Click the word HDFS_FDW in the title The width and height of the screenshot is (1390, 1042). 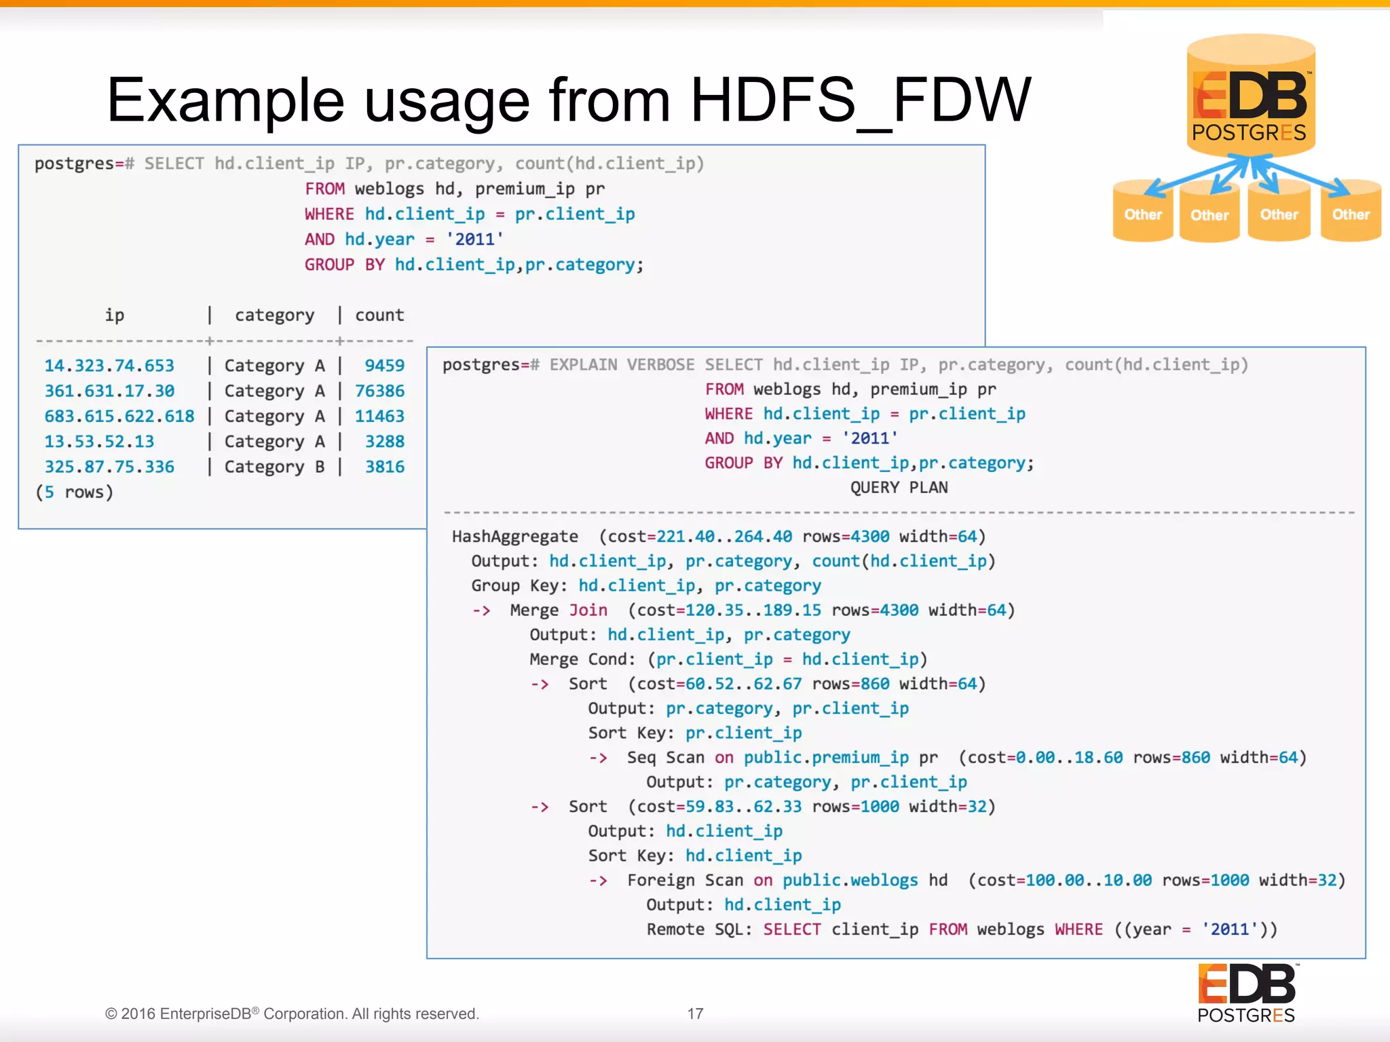coord(861,100)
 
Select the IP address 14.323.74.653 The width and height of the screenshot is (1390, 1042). coord(109,366)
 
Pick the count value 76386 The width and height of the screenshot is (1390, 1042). coord(379,391)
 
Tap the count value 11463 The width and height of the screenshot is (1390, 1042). coord(379,416)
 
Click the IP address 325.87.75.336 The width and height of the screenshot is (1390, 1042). coord(109,467)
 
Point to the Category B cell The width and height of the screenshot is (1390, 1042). coord(274,467)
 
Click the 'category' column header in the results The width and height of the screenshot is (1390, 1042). coord(274,315)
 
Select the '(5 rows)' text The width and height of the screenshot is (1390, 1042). coord(74,492)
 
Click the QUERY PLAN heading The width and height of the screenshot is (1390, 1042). coord(899,488)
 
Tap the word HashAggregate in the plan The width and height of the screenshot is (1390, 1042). coord(515,537)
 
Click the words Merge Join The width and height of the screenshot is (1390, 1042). coord(559,611)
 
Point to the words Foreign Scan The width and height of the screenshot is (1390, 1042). coord(685,881)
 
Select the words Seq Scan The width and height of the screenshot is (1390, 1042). coord(665,758)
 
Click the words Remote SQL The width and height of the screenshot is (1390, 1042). coord(699,929)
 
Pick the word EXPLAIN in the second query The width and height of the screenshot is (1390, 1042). coord(583,365)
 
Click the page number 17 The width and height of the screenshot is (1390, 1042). coord(695,1014)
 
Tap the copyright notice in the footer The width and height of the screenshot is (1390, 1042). coord(292,1014)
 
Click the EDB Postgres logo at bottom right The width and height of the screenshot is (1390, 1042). coord(1247,993)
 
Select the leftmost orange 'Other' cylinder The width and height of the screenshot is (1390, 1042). coord(1143,212)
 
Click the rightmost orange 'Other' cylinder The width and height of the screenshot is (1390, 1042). coord(1351,212)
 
